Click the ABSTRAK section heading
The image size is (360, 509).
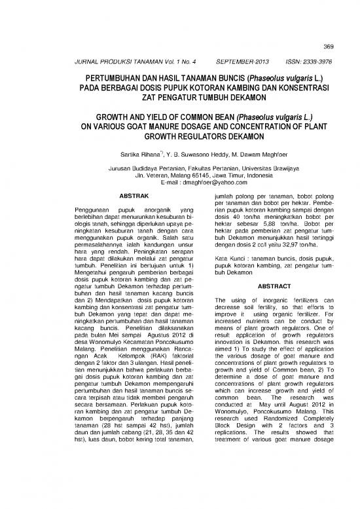(134, 197)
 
